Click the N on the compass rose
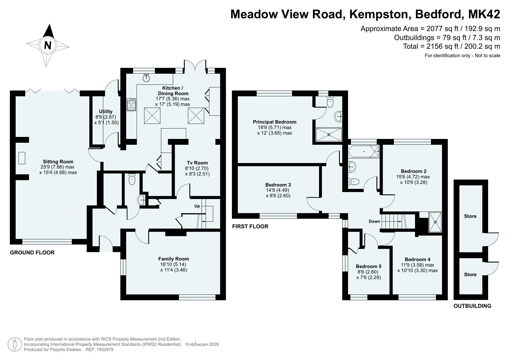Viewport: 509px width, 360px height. pyautogui.click(x=48, y=46)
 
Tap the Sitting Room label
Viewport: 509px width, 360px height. pyautogui.click(x=58, y=162)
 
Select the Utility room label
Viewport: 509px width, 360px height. pyautogui.click(x=106, y=111)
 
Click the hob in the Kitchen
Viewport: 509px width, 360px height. pyautogui.click(x=131, y=104)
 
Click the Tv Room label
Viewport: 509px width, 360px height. pyautogui.click(x=197, y=163)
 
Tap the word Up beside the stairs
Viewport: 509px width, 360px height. pyautogui.click(x=197, y=206)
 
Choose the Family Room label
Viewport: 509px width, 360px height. pyautogui.click(x=173, y=259)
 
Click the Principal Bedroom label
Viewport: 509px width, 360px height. pyautogui.click(x=275, y=122)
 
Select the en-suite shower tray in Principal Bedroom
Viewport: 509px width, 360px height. pyautogui.click(x=329, y=134)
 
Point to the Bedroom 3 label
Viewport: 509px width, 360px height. pyautogui.click(x=278, y=185)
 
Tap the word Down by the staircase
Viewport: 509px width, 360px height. pyautogui.click(x=374, y=221)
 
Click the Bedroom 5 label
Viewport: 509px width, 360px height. pyautogui.click(x=369, y=266)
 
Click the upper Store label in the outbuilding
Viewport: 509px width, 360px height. pyautogui.click(x=470, y=216)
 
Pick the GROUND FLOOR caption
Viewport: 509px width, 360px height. pyautogui.click(x=32, y=252)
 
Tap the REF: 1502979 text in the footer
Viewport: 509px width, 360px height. pyautogui.click(x=99, y=350)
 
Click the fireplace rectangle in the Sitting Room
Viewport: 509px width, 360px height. pyautogui.click(x=22, y=158)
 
